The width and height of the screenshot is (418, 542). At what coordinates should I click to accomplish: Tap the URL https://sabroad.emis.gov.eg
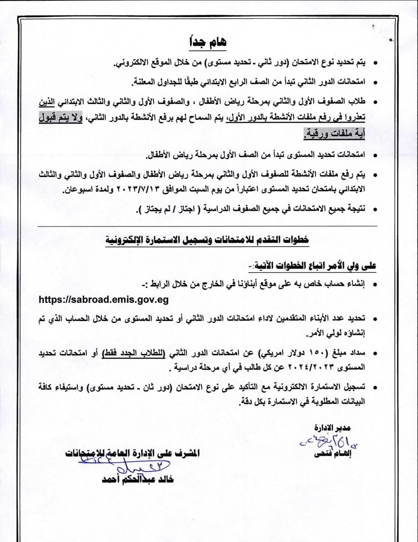click(104, 299)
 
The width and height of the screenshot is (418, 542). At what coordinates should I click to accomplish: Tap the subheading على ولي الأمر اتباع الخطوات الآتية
click(312, 266)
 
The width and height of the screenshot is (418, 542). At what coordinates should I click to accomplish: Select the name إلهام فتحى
click(333, 454)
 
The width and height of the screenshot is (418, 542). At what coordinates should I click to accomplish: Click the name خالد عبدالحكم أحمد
click(138, 479)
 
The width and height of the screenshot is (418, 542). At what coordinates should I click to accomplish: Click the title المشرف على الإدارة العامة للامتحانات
click(132, 453)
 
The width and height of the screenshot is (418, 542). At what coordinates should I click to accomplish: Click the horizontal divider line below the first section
click(207, 226)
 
